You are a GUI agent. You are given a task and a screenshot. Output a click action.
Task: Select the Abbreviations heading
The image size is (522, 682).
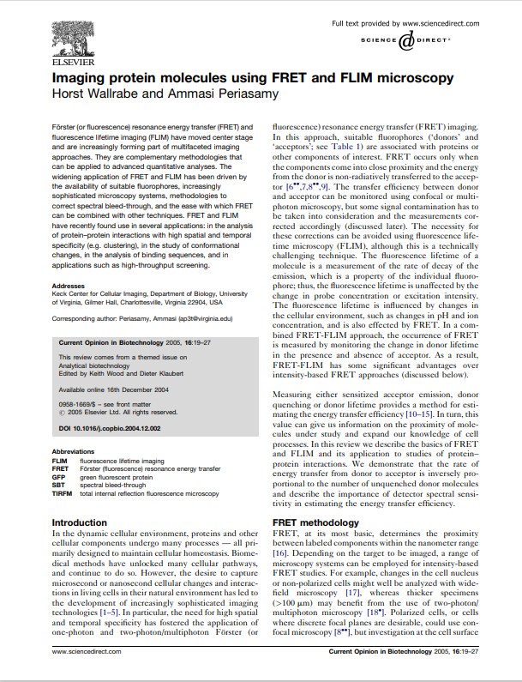click(74, 450)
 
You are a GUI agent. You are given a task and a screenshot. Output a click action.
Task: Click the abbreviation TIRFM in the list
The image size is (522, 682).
click(63, 494)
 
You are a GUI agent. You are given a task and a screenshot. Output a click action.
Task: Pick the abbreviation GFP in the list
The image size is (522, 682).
click(59, 476)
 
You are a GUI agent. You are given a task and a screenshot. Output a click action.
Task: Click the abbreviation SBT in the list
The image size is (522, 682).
click(59, 486)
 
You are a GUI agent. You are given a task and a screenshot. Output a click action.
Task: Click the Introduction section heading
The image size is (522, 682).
click(80, 522)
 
